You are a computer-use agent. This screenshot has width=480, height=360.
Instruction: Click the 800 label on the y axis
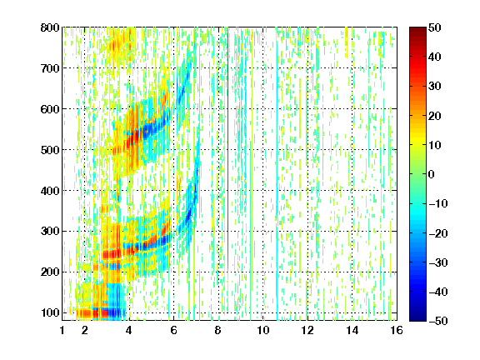coord(50,27)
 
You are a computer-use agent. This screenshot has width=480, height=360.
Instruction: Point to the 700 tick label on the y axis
coord(50,68)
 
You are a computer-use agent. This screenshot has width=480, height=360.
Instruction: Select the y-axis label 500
coord(50,150)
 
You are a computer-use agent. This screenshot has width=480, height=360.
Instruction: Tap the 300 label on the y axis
coord(50,232)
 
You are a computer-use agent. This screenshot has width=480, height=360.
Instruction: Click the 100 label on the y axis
coord(50,312)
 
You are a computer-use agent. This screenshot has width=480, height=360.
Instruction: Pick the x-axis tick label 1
coord(62,330)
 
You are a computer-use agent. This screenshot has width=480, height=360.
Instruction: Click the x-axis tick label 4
coord(129,330)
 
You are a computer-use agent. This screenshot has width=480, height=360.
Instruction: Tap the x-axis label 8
coord(218,330)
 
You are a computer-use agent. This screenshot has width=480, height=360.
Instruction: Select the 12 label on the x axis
coord(307,330)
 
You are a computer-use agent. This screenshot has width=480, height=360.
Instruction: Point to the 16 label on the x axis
coord(397,330)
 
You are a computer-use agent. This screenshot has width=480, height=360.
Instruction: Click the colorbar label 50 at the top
coord(435,27)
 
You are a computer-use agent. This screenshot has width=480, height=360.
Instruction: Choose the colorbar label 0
coord(432,174)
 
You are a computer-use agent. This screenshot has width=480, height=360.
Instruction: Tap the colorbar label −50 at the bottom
coord(438,321)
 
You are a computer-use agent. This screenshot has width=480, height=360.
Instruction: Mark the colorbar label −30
coord(438,262)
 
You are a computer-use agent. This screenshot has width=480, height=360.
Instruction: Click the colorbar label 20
coord(435,116)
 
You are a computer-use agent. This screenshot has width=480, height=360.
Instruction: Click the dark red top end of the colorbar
coord(417,30)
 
